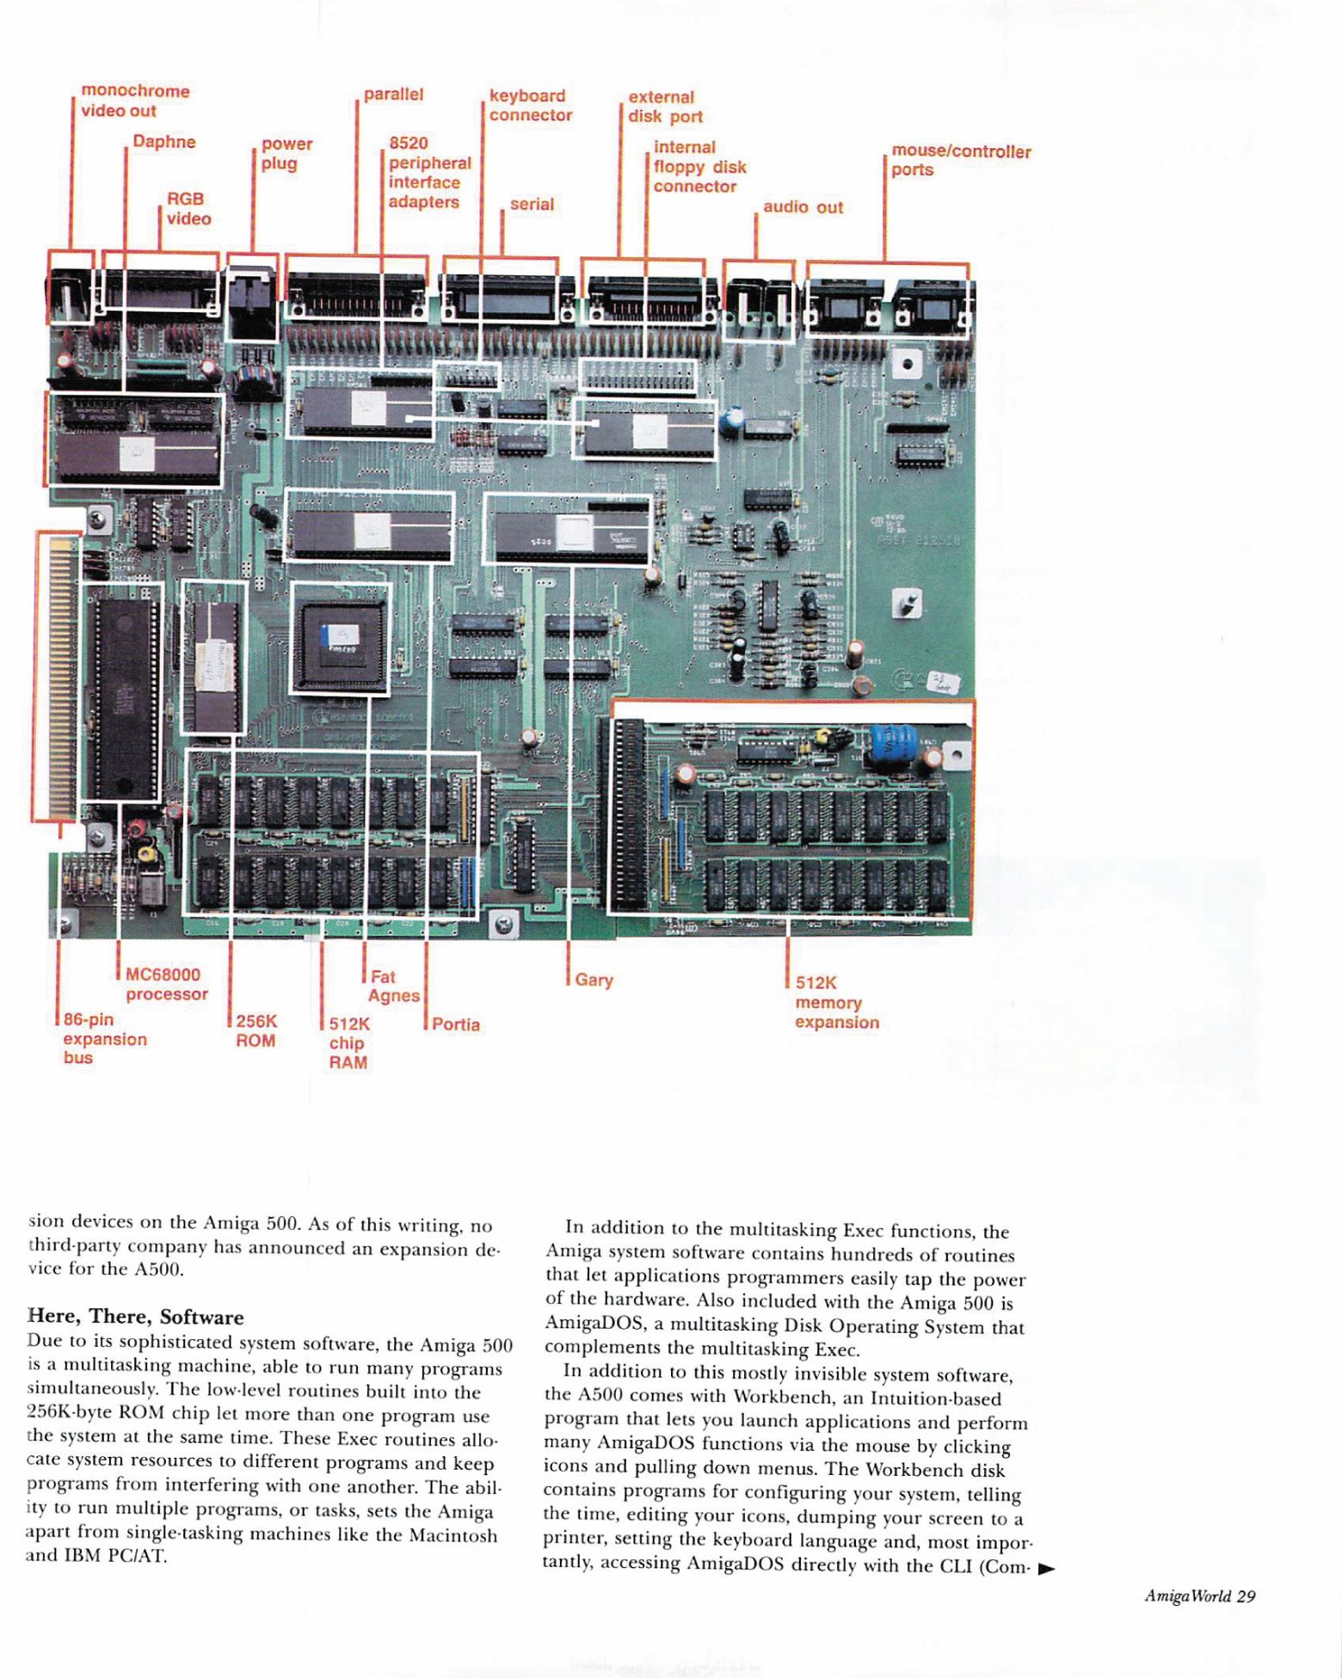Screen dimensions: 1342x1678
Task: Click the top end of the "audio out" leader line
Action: tap(756, 213)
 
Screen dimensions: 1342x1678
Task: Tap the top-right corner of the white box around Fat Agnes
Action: tap(391, 583)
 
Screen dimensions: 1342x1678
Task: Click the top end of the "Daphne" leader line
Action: tap(126, 148)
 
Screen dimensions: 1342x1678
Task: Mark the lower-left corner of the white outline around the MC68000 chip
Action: tap(79, 801)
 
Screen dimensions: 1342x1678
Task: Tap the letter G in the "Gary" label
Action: tap(582, 980)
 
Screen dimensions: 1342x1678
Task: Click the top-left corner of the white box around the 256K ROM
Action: tap(182, 581)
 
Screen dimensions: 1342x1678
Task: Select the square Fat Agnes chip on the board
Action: tap(341, 638)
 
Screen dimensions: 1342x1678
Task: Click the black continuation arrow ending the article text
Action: tap(1046, 1568)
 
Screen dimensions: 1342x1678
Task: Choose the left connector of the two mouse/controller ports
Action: tap(844, 307)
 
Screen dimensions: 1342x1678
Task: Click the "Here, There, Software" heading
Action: tap(136, 1317)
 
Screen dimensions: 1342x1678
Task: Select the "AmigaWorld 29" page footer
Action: tap(1200, 1596)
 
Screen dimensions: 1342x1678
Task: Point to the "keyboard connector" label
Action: tap(531, 106)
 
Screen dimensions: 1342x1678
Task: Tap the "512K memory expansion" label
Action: tap(837, 1002)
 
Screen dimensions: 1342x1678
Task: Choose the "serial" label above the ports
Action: tap(532, 204)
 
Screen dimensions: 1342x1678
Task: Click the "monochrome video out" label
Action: tap(135, 101)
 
